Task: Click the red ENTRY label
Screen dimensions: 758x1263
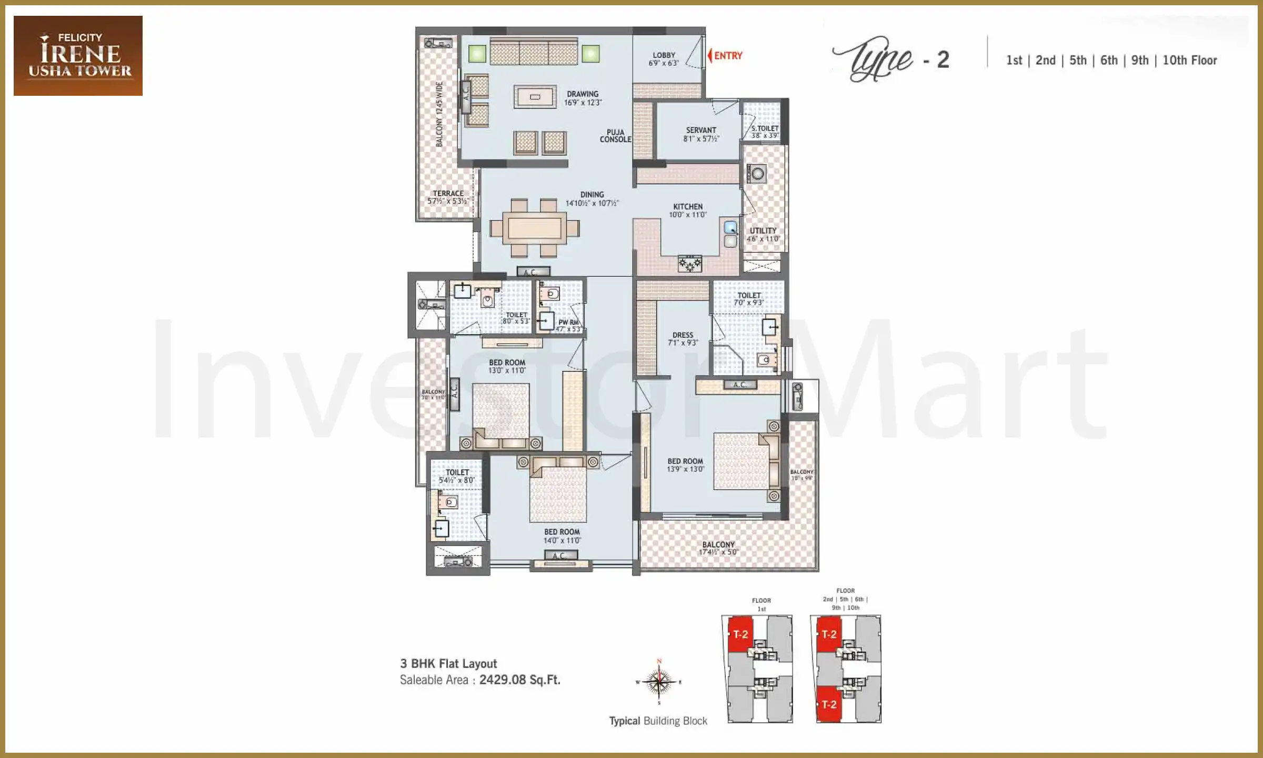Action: pyautogui.click(x=727, y=56)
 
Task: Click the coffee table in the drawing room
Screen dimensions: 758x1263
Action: pyautogui.click(x=535, y=97)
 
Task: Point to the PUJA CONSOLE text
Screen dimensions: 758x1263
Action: pyautogui.click(x=615, y=136)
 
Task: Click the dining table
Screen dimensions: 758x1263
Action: pyautogui.click(x=534, y=228)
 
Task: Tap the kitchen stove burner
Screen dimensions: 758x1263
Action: pyautogui.click(x=689, y=263)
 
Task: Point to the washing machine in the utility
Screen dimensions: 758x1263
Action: pyautogui.click(x=757, y=174)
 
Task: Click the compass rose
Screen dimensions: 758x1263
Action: pyautogui.click(x=659, y=682)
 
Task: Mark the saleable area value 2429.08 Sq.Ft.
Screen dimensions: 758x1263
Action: pyautogui.click(x=519, y=680)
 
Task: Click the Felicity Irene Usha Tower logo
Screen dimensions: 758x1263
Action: pyautogui.click(x=78, y=56)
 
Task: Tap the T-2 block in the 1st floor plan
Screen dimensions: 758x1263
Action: pyautogui.click(x=740, y=634)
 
